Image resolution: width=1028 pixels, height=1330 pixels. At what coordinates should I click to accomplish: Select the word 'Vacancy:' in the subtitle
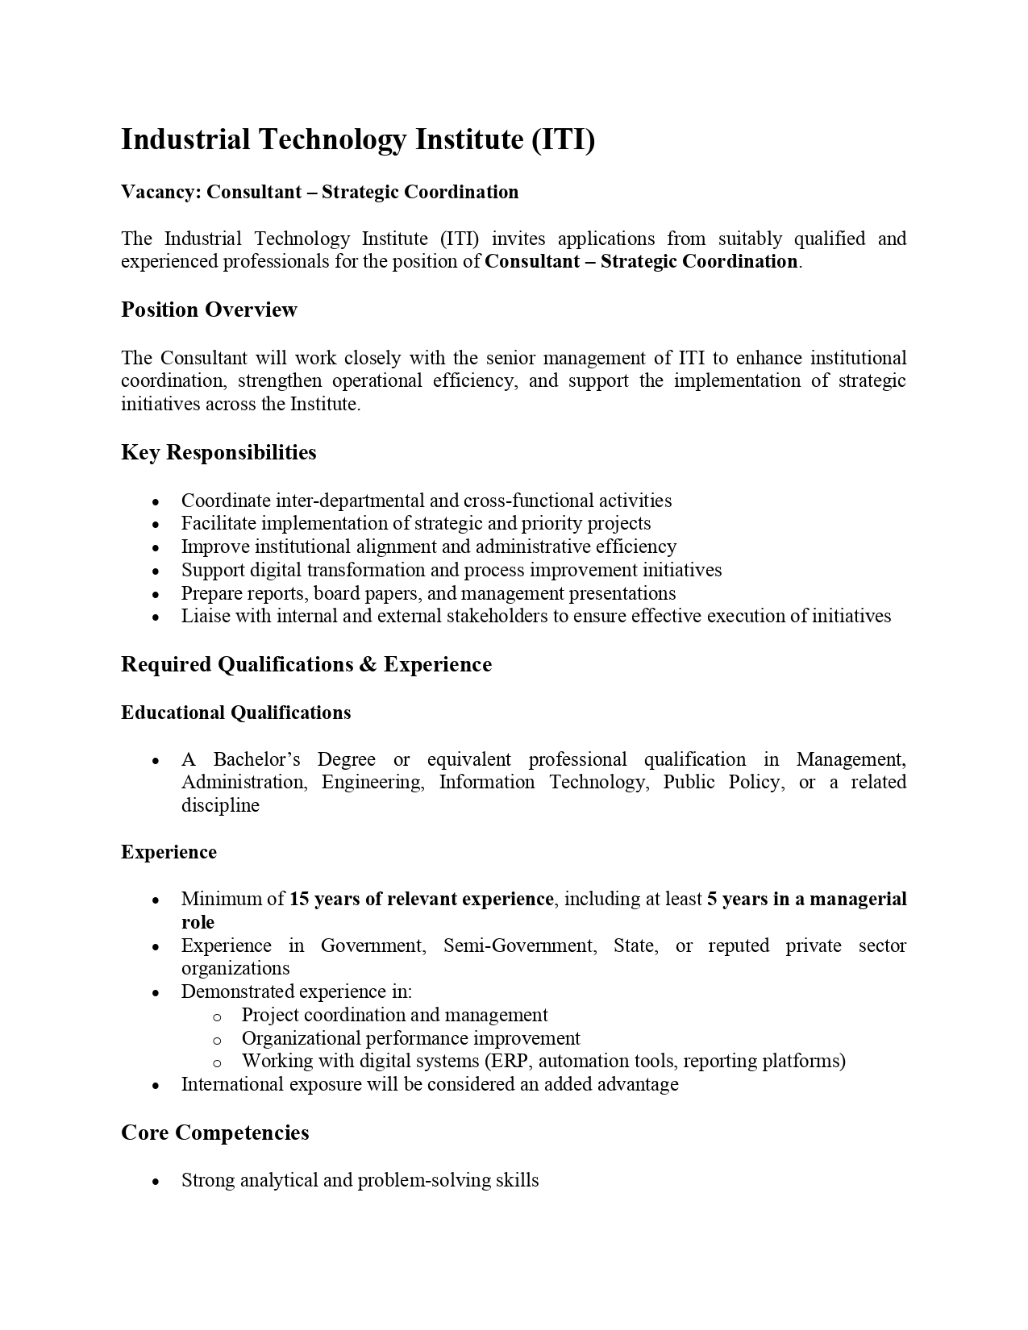tap(161, 192)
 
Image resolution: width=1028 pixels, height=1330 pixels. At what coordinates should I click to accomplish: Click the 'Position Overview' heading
tap(209, 310)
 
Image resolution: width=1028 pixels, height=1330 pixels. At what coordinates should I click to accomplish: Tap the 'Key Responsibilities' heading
tap(219, 452)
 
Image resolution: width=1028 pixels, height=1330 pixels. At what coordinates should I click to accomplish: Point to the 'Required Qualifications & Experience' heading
tap(306, 664)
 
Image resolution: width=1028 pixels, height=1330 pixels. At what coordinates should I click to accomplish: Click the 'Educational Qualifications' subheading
tap(235, 713)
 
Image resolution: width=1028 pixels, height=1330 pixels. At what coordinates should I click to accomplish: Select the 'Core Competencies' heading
tap(214, 1133)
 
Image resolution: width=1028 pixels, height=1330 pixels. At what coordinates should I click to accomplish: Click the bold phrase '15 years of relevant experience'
tap(421, 899)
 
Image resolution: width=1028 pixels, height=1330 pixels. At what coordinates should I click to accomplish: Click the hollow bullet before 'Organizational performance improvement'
tap(216, 1040)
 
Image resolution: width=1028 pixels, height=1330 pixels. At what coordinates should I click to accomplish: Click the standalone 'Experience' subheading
tap(169, 852)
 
